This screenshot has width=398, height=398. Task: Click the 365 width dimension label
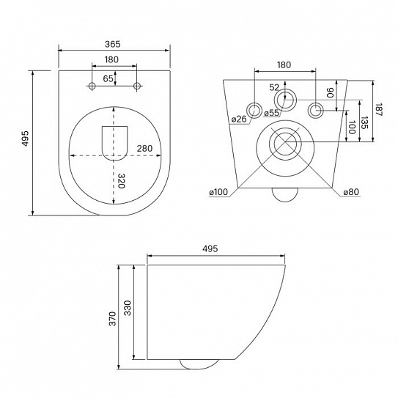[112, 44]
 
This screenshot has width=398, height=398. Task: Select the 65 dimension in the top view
[108, 78]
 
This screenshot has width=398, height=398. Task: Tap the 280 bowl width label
[144, 148]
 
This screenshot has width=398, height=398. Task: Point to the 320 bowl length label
[122, 181]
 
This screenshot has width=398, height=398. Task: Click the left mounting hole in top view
[92, 86]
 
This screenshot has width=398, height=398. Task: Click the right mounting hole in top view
[137, 86]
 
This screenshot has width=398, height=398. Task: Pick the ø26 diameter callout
[239, 119]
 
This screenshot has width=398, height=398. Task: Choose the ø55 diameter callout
[271, 113]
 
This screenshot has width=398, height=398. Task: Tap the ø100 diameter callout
[218, 192]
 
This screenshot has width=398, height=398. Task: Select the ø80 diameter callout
[351, 192]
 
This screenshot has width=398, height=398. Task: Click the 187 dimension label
[378, 109]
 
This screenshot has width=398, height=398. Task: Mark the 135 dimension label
[364, 122]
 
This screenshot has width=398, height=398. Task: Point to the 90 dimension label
[330, 92]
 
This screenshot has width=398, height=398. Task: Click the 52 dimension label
[274, 87]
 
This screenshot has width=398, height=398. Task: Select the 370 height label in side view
[112, 319]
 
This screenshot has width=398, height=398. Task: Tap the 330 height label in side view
[128, 308]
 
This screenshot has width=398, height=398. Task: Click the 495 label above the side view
[210, 248]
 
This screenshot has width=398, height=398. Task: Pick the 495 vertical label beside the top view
[26, 139]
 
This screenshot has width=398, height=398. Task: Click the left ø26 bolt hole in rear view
[254, 111]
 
